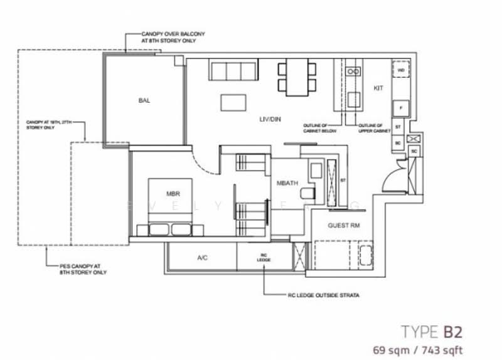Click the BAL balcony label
[144, 100]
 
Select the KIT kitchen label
[378, 88]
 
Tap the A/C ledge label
[202, 257]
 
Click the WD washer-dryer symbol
[400, 70]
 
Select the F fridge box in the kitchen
[400, 109]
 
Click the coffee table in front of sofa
[233, 102]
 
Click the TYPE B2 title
[433, 330]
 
